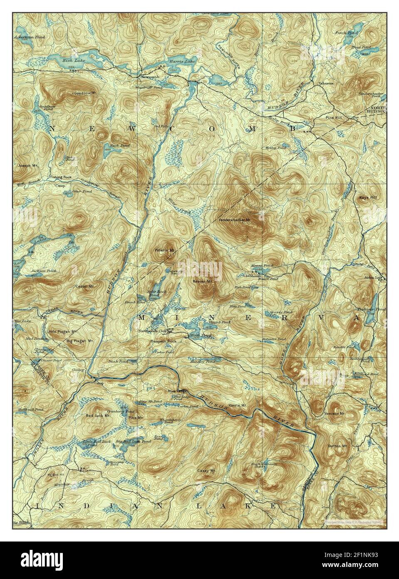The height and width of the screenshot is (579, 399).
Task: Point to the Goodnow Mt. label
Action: click(x=84, y=93)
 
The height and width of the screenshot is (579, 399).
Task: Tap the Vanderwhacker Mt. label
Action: click(x=235, y=220)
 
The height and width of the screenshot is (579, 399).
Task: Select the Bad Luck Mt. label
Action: click(x=98, y=415)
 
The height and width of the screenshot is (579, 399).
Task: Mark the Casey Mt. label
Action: click(x=206, y=471)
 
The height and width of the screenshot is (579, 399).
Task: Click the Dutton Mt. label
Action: click(x=337, y=446)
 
